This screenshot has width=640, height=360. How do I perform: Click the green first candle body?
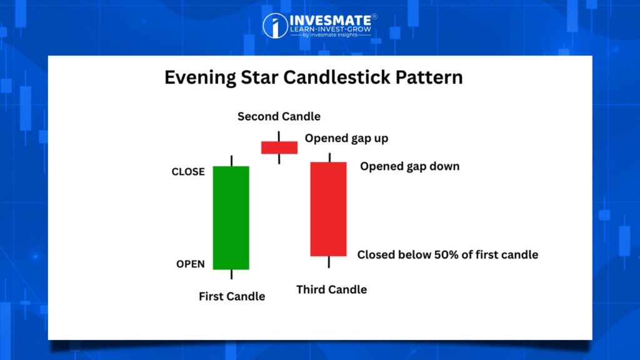231,217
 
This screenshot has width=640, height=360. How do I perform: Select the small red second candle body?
279,147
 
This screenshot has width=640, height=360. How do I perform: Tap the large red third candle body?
329,209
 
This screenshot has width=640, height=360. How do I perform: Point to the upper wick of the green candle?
231,161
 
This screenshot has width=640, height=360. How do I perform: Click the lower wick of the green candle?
231,274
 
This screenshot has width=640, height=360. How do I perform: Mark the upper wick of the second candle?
279,136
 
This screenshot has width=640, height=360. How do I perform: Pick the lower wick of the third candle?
329,262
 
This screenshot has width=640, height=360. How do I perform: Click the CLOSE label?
188,172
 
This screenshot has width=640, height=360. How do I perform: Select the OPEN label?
191,264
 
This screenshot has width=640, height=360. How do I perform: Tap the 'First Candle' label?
232,296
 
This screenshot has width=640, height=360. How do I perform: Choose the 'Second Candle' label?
279,116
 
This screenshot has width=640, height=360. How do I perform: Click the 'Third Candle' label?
331,289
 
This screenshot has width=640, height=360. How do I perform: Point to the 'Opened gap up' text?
346,138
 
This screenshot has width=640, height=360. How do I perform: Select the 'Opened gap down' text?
410,166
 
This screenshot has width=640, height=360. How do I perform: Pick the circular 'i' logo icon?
275,26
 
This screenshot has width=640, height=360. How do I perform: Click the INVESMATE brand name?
331,20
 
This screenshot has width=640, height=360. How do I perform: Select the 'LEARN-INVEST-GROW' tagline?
331,29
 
